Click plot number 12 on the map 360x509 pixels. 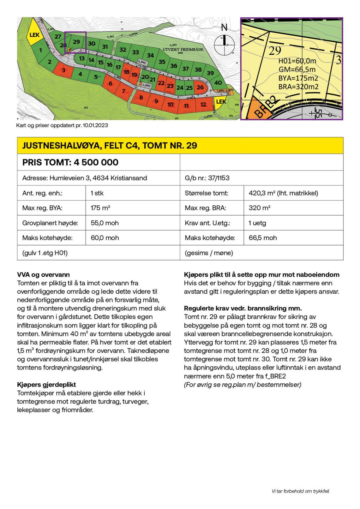click(x=203, y=105)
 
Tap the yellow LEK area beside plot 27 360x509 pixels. click(x=34, y=35)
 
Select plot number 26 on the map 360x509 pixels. click(x=200, y=88)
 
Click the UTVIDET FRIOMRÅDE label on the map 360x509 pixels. click(x=183, y=49)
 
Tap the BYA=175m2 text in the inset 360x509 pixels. click(x=298, y=78)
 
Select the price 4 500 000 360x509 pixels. click(x=96, y=162)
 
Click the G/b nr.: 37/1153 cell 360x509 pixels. click(x=207, y=178)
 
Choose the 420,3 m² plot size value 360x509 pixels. click(x=283, y=193)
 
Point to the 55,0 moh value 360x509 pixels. click(x=105, y=223)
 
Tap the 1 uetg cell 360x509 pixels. click(x=257, y=223)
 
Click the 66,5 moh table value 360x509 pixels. click(x=263, y=238)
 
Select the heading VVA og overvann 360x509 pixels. click(x=43, y=274)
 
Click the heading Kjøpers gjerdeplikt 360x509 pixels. click(x=46, y=385)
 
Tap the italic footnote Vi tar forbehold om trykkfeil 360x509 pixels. click(x=300, y=491)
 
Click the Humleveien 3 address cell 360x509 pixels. click(x=85, y=178)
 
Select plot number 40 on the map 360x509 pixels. click(x=218, y=83)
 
